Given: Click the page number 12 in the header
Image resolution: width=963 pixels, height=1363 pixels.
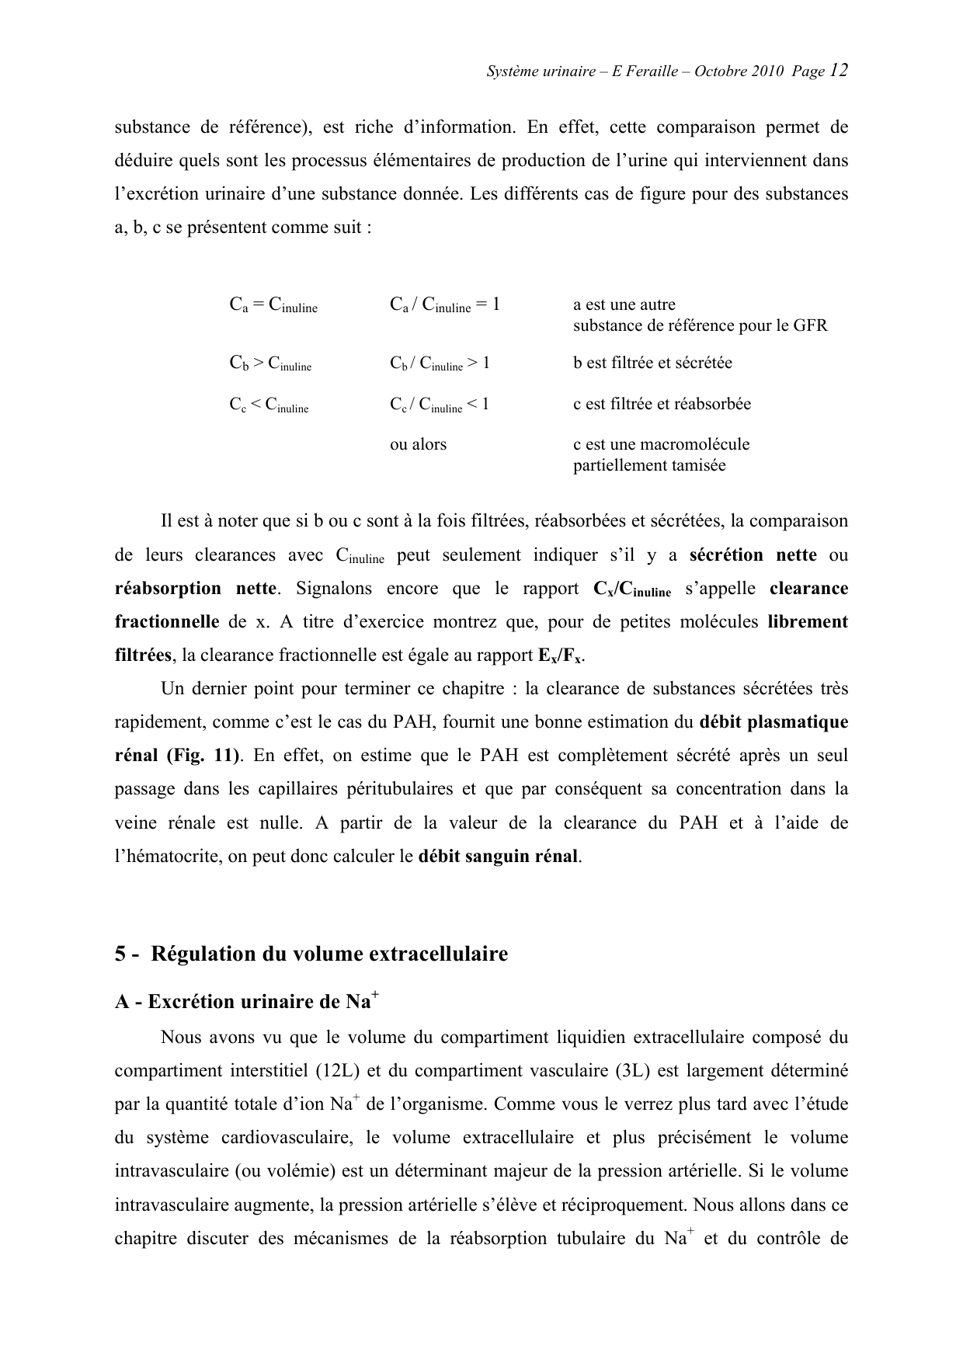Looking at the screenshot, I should pyautogui.click(x=838, y=71).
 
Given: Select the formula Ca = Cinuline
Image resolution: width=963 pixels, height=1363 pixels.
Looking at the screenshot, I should pyautogui.click(x=273, y=305).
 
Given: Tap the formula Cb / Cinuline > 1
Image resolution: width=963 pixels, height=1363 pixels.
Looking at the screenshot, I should pyautogui.click(x=440, y=363).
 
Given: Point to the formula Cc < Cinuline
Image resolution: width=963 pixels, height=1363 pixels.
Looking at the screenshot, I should pyautogui.click(x=269, y=405).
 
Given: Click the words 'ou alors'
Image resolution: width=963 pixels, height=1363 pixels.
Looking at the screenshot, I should pyautogui.click(x=418, y=445).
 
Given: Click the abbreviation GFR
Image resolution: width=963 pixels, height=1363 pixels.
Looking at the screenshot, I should pyautogui.click(x=810, y=325).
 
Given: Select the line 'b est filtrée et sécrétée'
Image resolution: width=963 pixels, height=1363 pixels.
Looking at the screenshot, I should pyautogui.click(x=652, y=363).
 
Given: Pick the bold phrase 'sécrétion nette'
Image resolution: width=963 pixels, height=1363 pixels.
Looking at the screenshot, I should pyautogui.click(x=753, y=555).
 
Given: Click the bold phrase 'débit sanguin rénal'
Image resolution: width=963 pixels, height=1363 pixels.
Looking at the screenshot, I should pyautogui.click(x=499, y=857).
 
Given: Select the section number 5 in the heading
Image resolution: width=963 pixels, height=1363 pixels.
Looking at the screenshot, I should pyautogui.click(x=120, y=954).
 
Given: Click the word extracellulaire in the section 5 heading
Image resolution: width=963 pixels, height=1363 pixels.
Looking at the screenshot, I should pyautogui.click(x=438, y=954).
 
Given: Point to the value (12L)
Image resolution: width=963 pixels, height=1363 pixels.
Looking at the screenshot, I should pyautogui.click(x=336, y=1070).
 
